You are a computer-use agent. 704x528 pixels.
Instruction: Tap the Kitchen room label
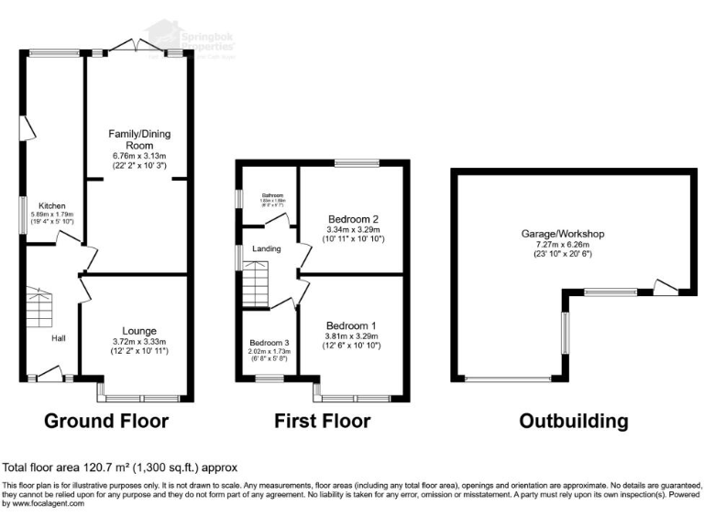pos(51,205)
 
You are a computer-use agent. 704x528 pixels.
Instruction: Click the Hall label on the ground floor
pos(58,338)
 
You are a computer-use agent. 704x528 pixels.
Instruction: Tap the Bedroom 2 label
pos(353,219)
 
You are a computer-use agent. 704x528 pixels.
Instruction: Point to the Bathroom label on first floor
pos(268,195)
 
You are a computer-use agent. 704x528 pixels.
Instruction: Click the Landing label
pos(268,248)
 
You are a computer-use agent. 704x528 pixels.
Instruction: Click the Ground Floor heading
pos(107,422)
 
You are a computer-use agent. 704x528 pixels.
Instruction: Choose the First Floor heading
pos(322,422)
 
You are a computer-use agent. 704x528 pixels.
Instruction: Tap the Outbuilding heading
pos(573,422)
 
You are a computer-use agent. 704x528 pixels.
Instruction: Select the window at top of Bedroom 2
pos(353,163)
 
